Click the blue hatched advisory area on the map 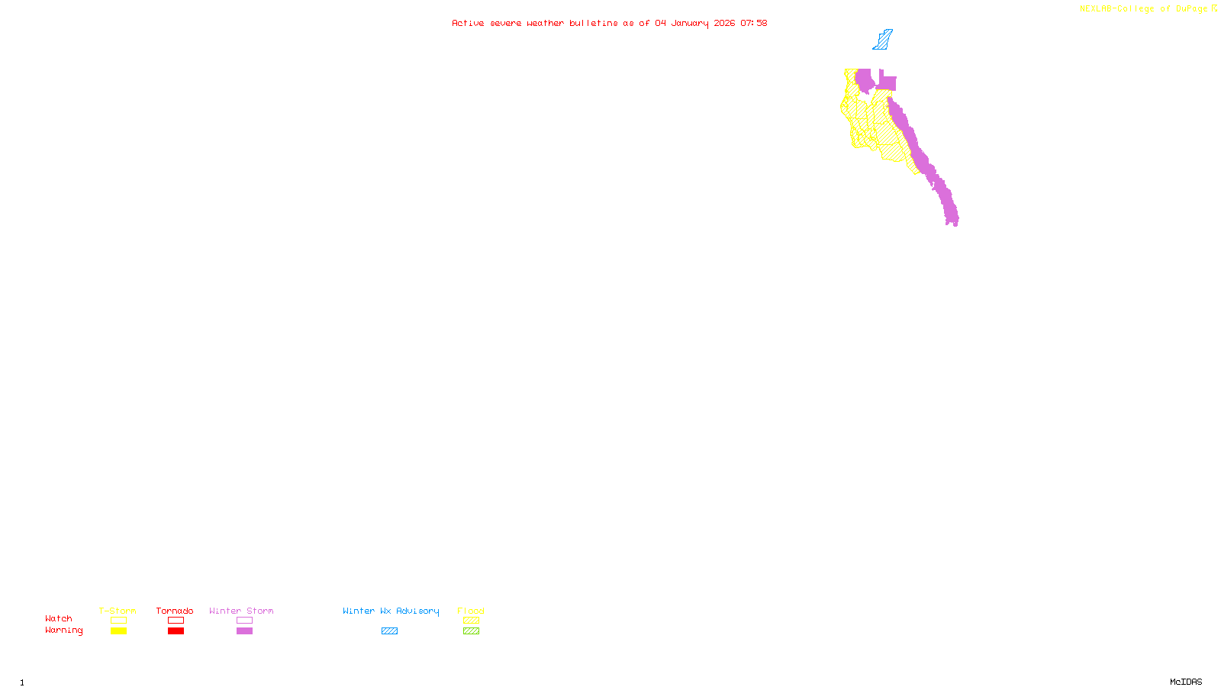pyautogui.click(x=883, y=40)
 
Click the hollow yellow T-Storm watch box pyautogui.click(x=118, y=621)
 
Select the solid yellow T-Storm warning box pyautogui.click(x=118, y=631)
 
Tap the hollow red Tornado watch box pyautogui.click(x=176, y=621)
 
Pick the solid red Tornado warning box pyautogui.click(x=176, y=631)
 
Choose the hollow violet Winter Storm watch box pyautogui.click(x=244, y=621)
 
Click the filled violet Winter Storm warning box pyautogui.click(x=244, y=631)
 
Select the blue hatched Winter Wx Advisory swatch pyautogui.click(x=389, y=631)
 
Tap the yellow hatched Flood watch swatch pyautogui.click(x=471, y=621)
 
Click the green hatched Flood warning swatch pyautogui.click(x=471, y=631)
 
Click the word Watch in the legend pyautogui.click(x=59, y=619)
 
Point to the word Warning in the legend pyautogui.click(x=63, y=631)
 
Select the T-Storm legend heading pyautogui.click(x=118, y=611)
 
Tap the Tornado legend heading pyautogui.click(x=175, y=611)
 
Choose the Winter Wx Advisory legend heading pyautogui.click(x=391, y=611)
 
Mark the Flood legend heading pyautogui.click(x=471, y=611)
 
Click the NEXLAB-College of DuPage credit pyautogui.click(x=1143, y=9)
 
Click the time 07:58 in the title pyautogui.click(x=753, y=23)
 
